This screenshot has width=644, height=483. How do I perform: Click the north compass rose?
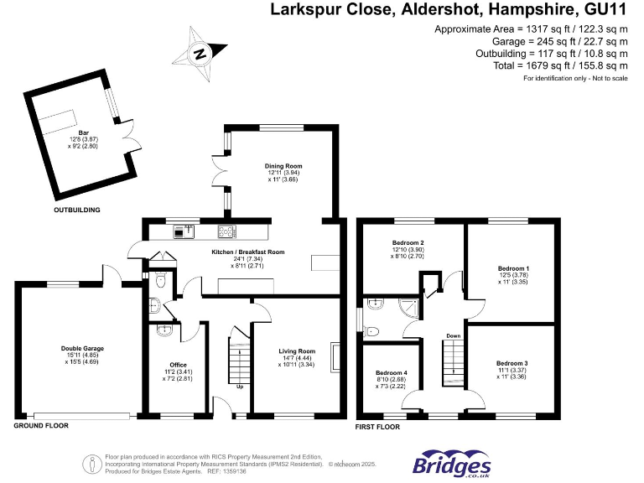(200, 55)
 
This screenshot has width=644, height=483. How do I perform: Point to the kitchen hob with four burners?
(227, 232)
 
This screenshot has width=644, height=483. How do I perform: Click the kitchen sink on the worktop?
(184, 230)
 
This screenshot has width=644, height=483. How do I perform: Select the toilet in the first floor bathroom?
(373, 330)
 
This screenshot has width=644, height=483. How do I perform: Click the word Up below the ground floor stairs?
(241, 387)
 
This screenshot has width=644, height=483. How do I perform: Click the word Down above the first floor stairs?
(453, 335)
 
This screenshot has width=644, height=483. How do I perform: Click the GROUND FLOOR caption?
(40, 426)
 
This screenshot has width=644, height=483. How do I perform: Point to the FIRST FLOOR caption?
(377, 426)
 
